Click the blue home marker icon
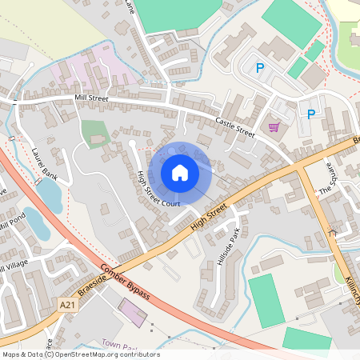[x=180, y=173]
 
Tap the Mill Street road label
[x=90, y=98]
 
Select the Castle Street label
[x=234, y=126]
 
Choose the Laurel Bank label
[x=45, y=162]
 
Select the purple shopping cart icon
[x=274, y=127]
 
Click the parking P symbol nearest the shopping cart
[x=310, y=114]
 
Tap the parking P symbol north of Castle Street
[x=259, y=69]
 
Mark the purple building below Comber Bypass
[x=133, y=314]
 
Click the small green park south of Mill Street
[x=94, y=133]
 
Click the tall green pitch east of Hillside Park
[x=266, y=300]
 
